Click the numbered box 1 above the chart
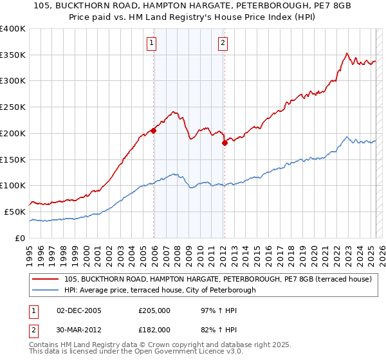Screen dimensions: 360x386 (x=151, y=44)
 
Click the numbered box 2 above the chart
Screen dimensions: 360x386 (x=223, y=44)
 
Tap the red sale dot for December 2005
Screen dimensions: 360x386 (x=154, y=130)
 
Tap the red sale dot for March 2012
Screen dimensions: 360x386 (x=225, y=143)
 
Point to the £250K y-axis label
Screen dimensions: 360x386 (x=14, y=107)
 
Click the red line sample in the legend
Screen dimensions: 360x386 (x=46, y=279)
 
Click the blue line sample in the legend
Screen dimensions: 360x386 (x=46, y=290)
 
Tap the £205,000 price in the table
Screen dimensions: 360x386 (x=154, y=311)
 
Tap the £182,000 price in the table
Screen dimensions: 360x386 (x=154, y=330)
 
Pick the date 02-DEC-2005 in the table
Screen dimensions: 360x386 (x=79, y=311)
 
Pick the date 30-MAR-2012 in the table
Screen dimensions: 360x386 (x=79, y=330)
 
